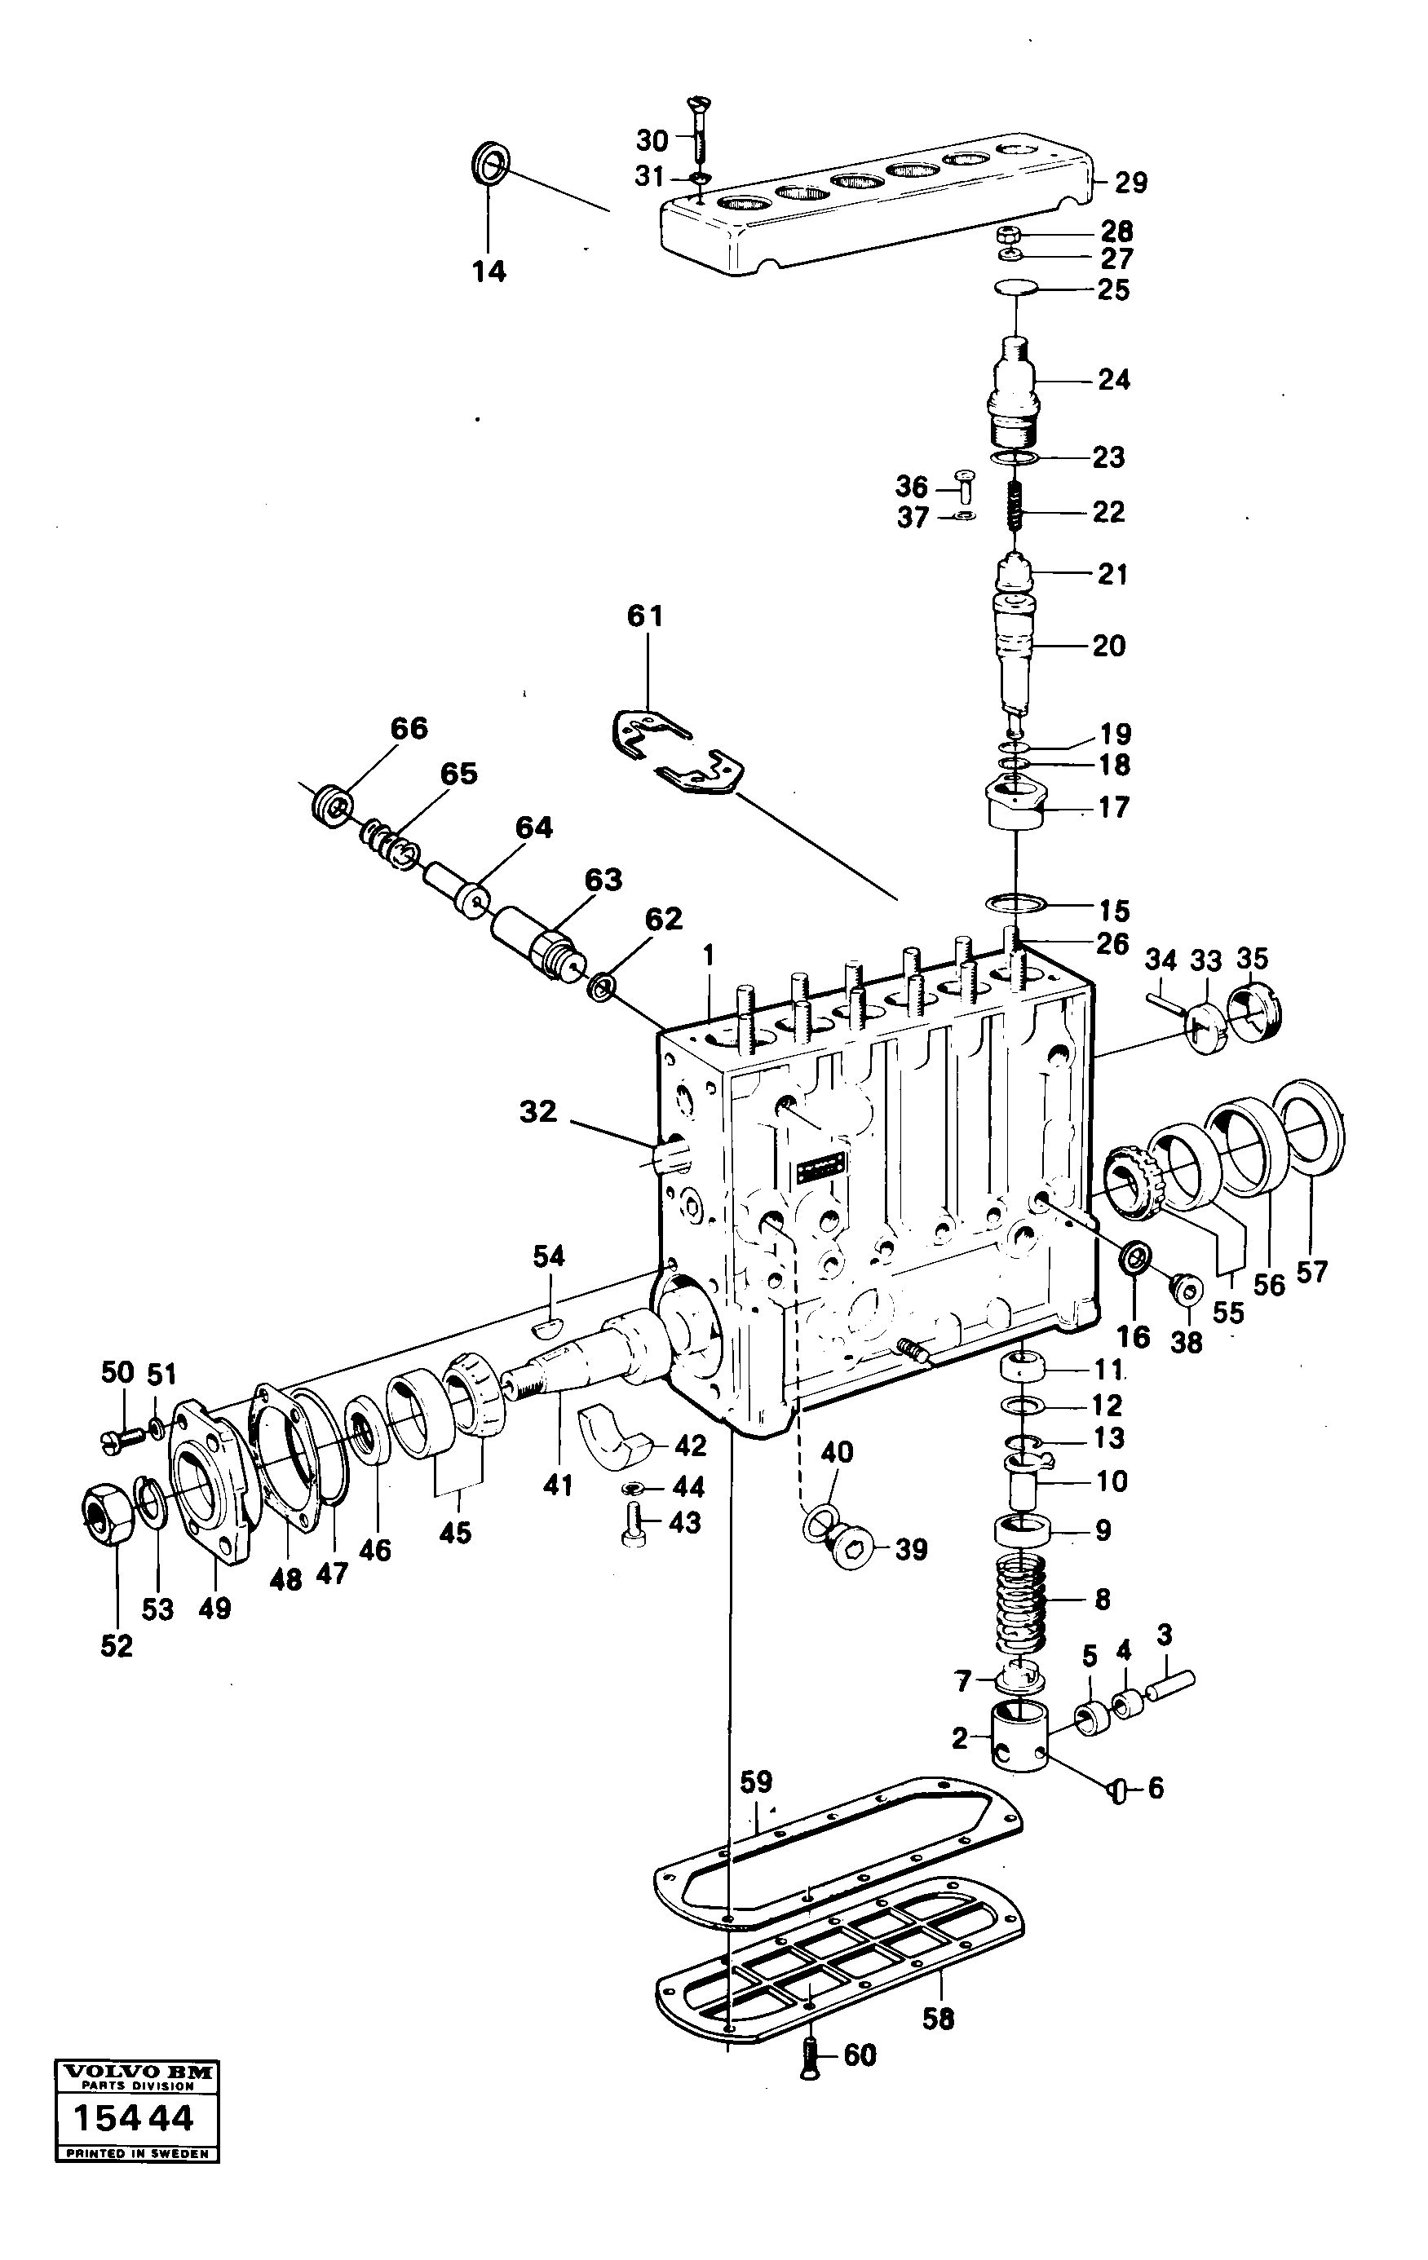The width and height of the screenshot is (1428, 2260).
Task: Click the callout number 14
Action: [489, 271]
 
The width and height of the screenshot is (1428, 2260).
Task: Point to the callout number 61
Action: [645, 616]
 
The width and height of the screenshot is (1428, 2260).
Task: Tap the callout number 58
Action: [938, 2019]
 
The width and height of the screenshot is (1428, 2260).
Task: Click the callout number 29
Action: [1130, 183]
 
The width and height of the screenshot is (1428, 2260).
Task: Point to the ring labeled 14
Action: [489, 164]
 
